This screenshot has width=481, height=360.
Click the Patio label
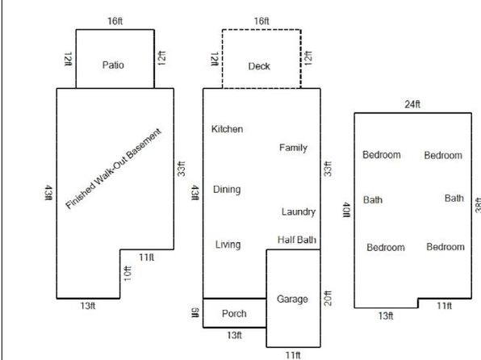coord(113,65)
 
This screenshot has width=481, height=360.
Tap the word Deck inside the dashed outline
coord(259,66)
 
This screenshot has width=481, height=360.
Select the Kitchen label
coord(228,129)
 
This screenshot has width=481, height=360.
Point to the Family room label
coord(293,148)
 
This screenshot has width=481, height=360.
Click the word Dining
coord(227,190)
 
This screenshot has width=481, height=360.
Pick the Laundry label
coord(299,211)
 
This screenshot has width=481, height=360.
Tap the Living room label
coord(228,245)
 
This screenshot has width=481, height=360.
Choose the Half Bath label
coord(297,240)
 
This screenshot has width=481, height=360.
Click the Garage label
coord(292,299)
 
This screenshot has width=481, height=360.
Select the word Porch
coord(234,314)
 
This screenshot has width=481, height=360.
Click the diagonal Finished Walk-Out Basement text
coord(113,169)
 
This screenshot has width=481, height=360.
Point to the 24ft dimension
coord(412,104)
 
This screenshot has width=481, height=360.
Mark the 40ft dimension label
coord(346,210)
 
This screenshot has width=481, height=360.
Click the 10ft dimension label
coord(128,274)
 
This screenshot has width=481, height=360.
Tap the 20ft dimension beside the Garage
coord(328,299)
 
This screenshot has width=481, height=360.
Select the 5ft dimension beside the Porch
coord(195,313)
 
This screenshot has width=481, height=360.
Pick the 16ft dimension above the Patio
coord(115,21)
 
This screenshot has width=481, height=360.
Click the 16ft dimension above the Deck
coord(261,21)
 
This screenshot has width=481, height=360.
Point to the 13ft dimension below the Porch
coord(235,335)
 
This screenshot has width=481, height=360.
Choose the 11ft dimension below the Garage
coord(293,355)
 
